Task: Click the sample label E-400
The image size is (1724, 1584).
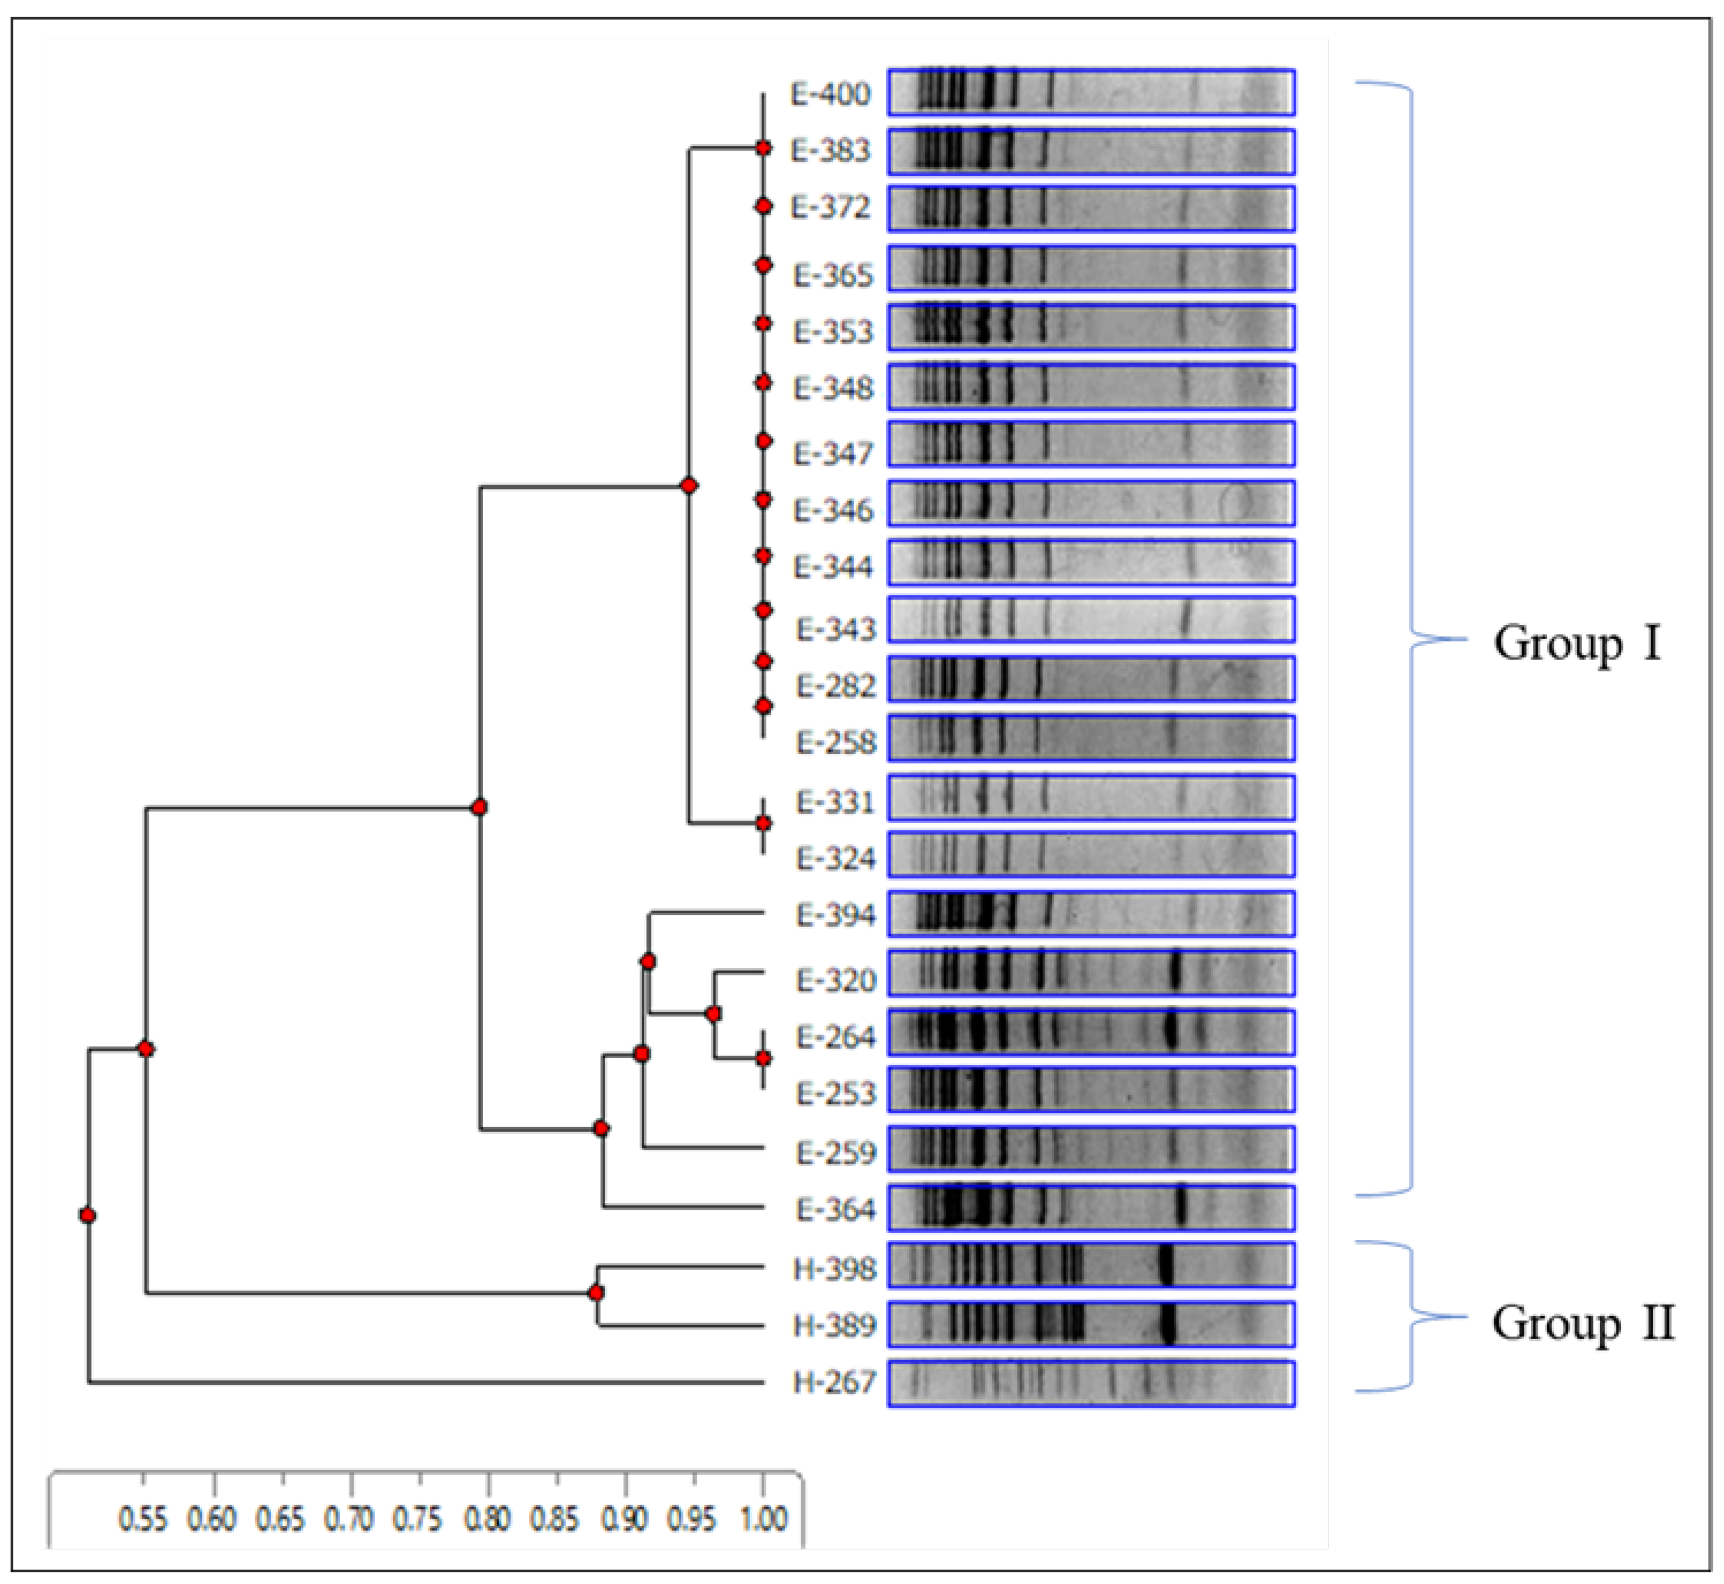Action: tap(830, 94)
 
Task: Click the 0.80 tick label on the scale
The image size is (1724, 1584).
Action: tap(487, 1519)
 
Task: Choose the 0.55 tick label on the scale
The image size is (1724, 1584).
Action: tap(142, 1519)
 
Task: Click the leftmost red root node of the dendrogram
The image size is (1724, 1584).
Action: tap(88, 1215)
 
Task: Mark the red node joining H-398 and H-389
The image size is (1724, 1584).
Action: tap(597, 1292)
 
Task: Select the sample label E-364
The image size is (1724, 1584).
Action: tap(835, 1209)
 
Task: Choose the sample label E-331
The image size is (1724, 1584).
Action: tap(835, 802)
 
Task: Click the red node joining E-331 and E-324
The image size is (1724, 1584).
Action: tap(763, 823)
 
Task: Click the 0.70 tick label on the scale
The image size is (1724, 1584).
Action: tap(349, 1519)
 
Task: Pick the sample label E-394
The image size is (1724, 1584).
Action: tap(835, 915)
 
